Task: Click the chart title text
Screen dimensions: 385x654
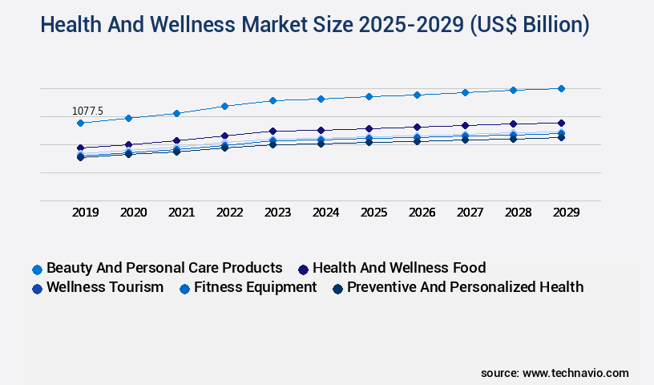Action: (x=315, y=25)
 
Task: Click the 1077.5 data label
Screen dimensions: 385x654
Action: (x=87, y=111)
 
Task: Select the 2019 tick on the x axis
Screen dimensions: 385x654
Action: (x=86, y=213)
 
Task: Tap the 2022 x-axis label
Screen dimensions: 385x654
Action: (x=230, y=213)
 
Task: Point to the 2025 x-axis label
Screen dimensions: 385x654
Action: (x=374, y=213)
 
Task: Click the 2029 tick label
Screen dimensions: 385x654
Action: (x=566, y=213)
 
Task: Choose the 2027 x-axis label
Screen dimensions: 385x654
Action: (x=470, y=213)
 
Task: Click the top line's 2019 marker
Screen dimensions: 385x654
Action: (x=80, y=123)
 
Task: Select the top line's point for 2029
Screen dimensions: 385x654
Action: (x=561, y=88)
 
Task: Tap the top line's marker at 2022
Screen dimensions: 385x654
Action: (x=224, y=106)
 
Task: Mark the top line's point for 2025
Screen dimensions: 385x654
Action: (x=369, y=96)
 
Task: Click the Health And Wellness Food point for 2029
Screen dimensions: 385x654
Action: (x=561, y=123)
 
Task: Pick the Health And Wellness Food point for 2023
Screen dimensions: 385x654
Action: (x=272, y=131)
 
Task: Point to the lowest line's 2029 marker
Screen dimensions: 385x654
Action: (x=561, y=137)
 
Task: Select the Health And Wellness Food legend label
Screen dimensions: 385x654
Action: (x=399, y=268)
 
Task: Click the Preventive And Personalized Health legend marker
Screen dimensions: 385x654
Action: (x=338, y=288)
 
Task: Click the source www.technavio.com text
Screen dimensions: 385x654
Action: (x=555, y=373)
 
